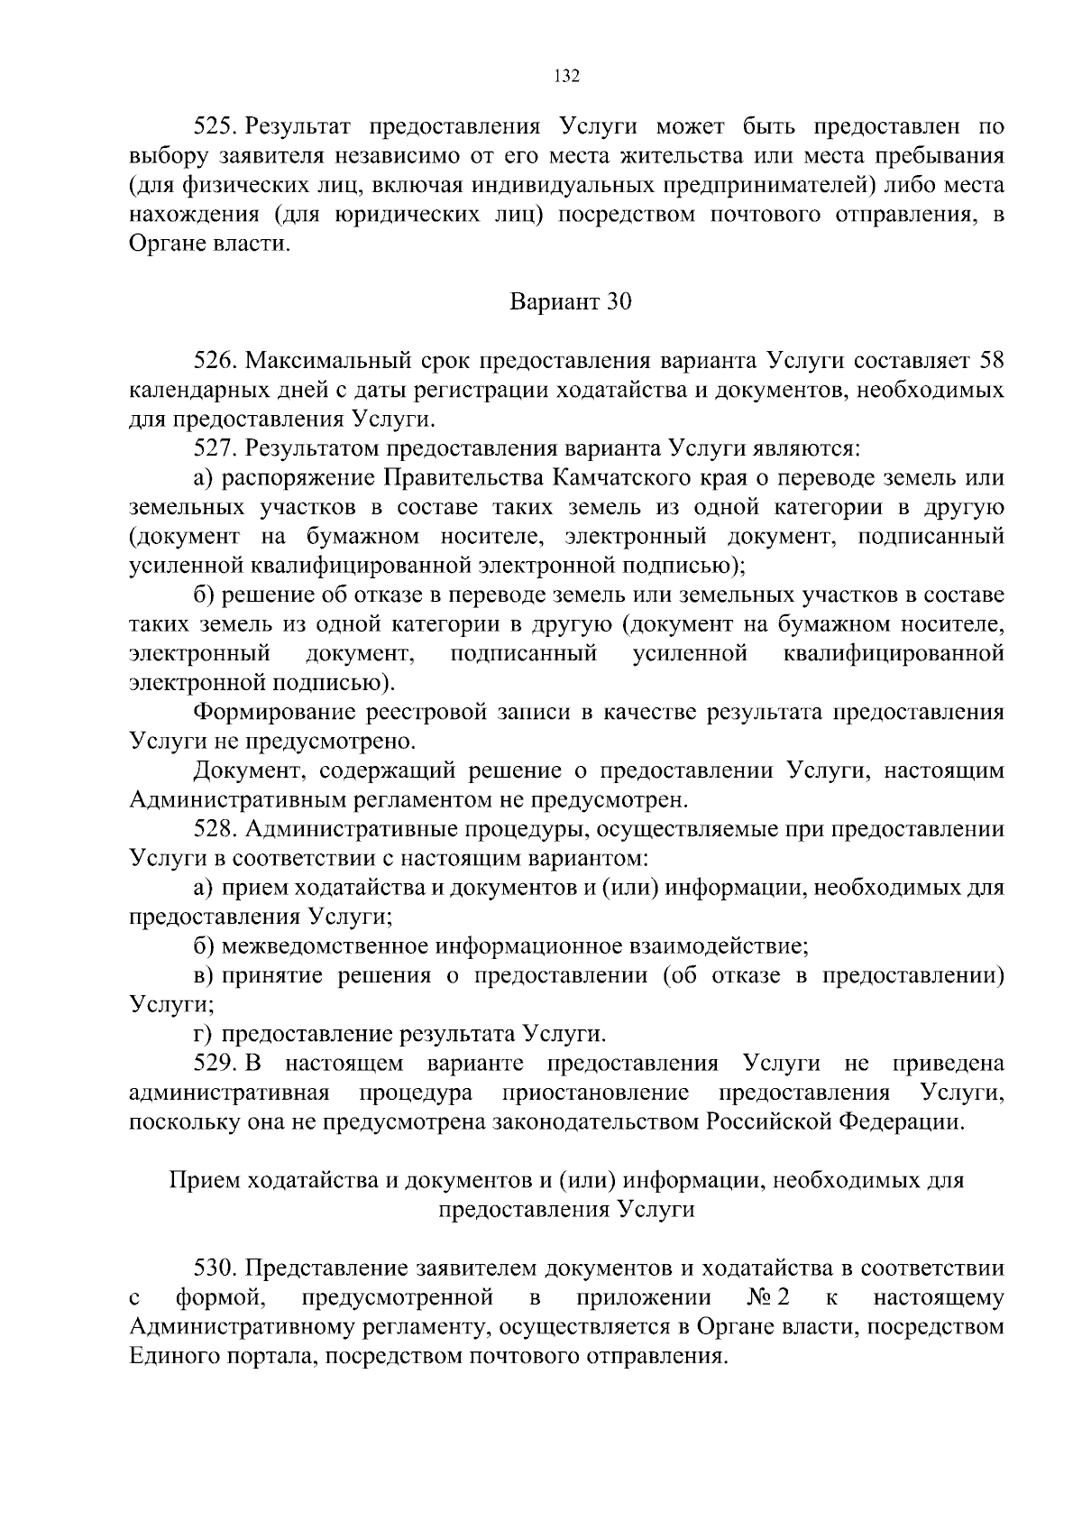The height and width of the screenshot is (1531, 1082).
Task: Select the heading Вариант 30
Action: tap(571, 301)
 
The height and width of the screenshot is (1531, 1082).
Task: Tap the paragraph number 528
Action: tap(215, 829)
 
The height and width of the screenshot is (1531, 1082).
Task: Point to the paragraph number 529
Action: tap(215, 1064)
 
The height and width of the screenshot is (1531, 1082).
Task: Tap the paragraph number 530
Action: tap(215, 1268)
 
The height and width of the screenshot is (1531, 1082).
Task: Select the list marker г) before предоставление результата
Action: tap(203, 1034)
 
